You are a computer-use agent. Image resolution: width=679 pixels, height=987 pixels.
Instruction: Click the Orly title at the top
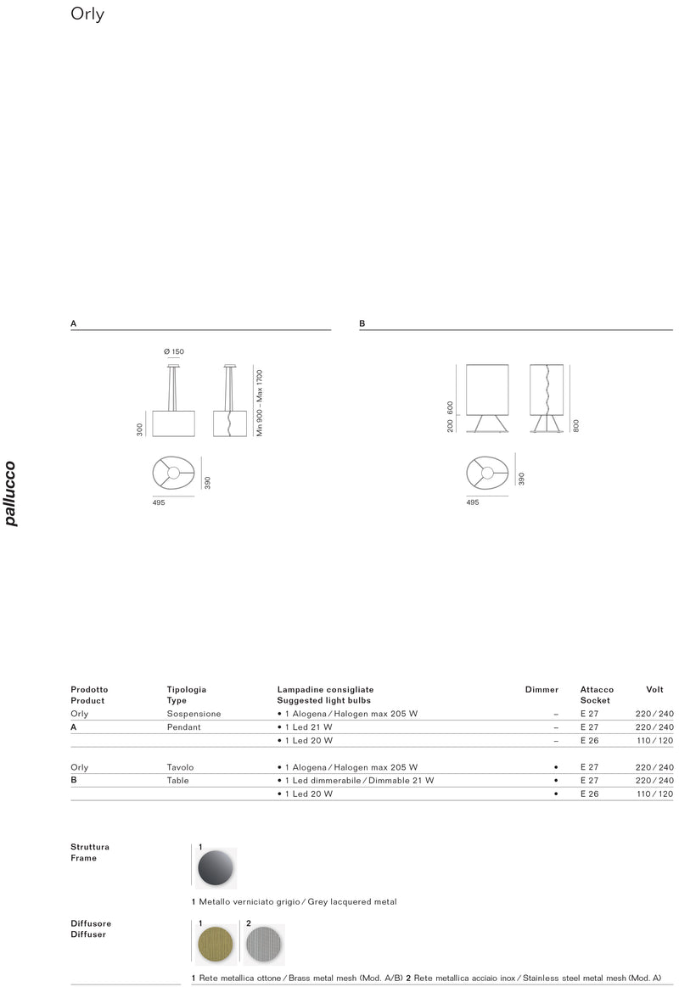[x=87, y=14]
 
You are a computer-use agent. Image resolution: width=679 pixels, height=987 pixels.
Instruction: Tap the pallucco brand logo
[x=10, y=494]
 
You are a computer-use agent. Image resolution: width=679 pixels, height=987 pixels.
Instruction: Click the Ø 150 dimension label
[x=174, y=352]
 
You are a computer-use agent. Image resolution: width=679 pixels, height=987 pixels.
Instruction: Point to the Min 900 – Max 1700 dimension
[x=259, y=403]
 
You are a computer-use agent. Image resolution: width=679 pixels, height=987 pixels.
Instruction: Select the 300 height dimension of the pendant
[x=140, y=429]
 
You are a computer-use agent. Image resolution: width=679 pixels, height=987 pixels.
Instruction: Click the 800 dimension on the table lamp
[x=575, y=426]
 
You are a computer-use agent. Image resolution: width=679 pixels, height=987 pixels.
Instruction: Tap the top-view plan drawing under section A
[x=174, y=473]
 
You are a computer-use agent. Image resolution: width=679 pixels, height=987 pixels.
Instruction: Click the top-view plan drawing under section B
[x=487, y=473]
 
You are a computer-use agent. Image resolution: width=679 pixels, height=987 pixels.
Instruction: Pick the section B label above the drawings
[x=362, y=323]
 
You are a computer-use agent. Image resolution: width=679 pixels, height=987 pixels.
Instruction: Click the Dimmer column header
[x=542, y=690]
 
